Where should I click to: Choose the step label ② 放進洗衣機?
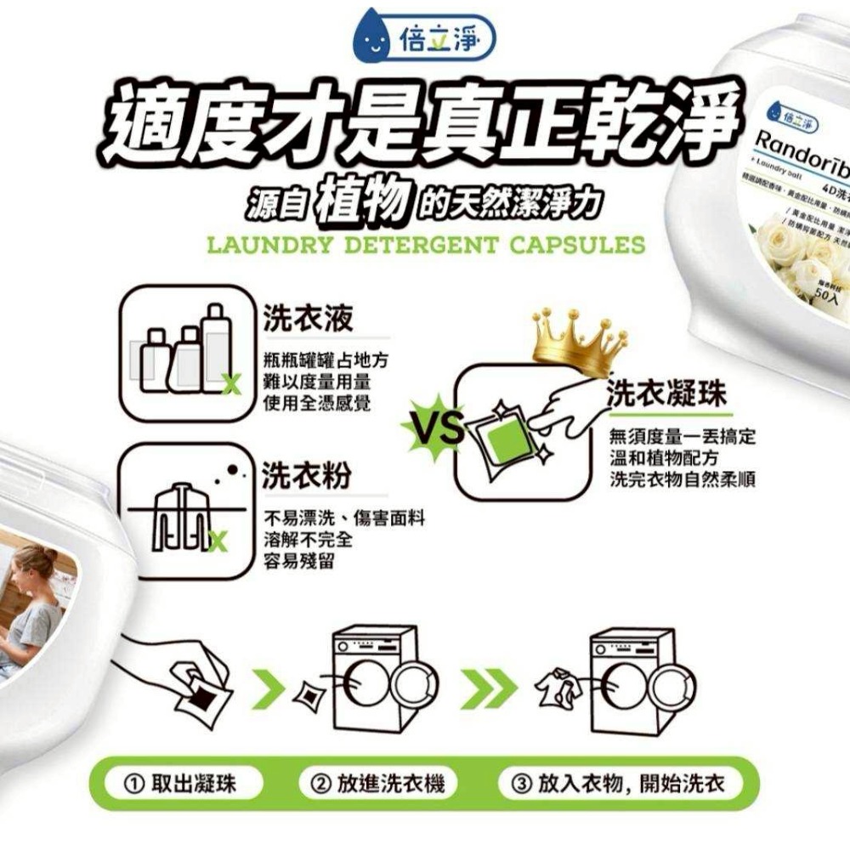coord(378,783)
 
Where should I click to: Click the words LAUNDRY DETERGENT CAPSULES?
coord(426,246)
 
